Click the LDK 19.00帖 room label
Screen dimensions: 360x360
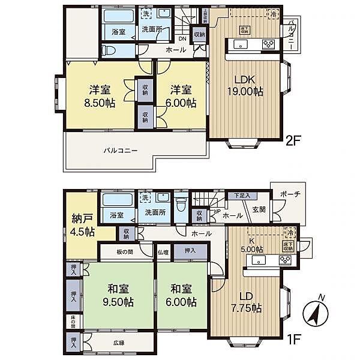[x=245, y=86]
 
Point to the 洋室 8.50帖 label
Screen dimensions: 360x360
[x=100, y=97]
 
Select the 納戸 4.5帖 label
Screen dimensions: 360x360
[x=80, y=223]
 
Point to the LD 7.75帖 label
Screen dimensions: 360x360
[x=247, y=302]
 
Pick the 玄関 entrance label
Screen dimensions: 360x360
[x=259, y=209]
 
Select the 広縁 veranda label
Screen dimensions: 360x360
[x=119, y=343]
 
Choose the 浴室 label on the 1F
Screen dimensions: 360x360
[x=116, y=214]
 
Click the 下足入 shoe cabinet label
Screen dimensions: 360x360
[x=242, y=196]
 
